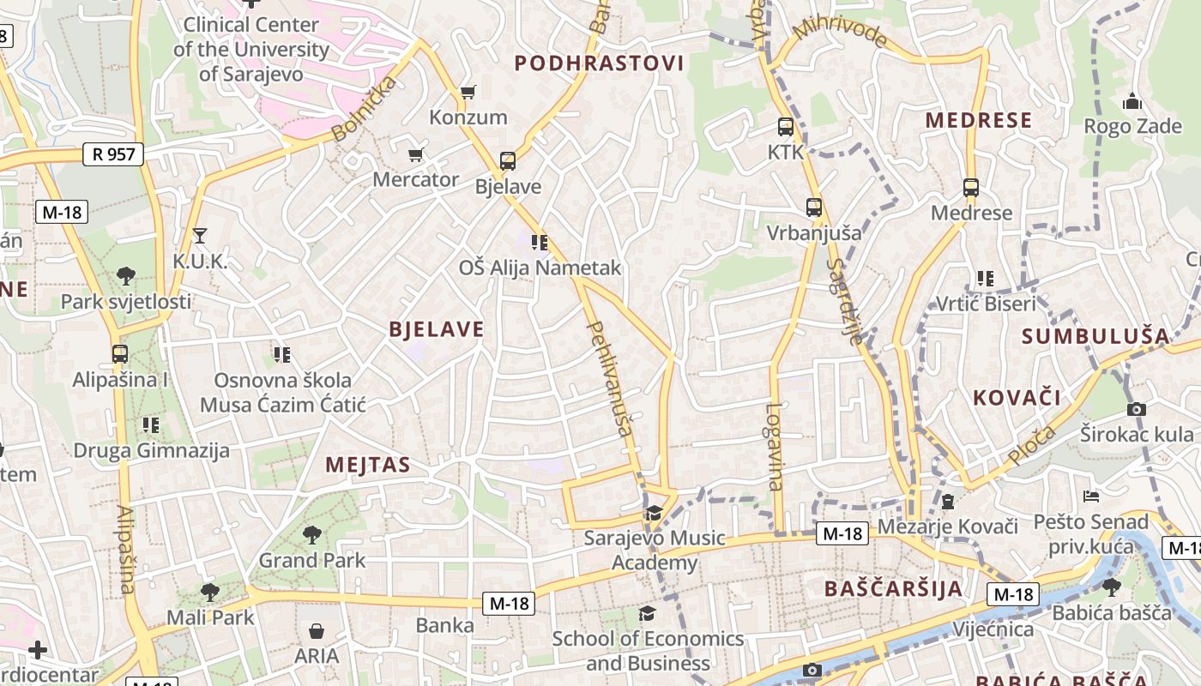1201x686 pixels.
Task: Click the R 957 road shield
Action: pos(113,155)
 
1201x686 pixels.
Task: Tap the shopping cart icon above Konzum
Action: pos(468,92)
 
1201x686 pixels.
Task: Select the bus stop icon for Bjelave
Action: pos(507,160)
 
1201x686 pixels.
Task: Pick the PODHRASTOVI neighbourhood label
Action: pos(599,63)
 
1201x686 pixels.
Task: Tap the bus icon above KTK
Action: pos(785,128)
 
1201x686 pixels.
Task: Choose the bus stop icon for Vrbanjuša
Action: pos(813,208)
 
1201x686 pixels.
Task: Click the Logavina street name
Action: pos(775,446)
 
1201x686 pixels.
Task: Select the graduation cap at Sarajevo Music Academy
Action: pos(655,513)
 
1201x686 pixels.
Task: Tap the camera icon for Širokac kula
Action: pos(1137,409)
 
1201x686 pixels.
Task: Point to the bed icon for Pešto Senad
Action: pos(1090,496)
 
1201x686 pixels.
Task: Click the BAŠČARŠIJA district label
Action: pos(893,588)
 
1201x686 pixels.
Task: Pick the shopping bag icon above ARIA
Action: pos(317,632)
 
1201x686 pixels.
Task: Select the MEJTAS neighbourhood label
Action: pos(368,466)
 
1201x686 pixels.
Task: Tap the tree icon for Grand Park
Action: pos(312,535)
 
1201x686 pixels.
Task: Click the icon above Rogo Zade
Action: pos(1132,101)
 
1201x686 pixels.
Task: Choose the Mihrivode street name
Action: pos(839,33)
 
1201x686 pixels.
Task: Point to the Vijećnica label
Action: pos(993,630)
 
